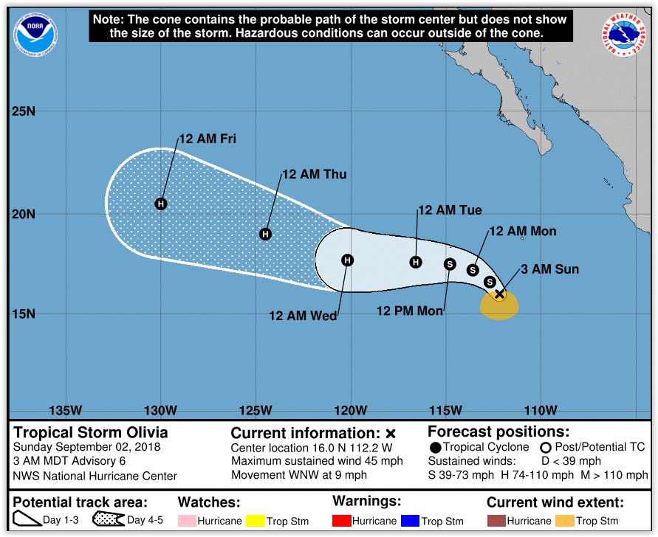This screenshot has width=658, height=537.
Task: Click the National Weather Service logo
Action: point(625,35)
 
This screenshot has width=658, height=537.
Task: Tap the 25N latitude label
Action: point(23,112)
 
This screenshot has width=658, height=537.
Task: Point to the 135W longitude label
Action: point(65,411)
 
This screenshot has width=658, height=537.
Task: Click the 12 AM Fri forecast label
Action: point(207,139)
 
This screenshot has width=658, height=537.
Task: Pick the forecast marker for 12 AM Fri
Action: point(161,204)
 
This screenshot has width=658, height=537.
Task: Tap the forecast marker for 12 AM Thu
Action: point(266,235)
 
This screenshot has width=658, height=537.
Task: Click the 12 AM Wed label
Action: point(302,316)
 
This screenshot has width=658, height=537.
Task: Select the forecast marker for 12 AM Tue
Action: point(416,262)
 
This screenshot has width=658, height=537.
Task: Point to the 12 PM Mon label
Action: point(410,311)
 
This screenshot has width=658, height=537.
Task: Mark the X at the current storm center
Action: point(499,294)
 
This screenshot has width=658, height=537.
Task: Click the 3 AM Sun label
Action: point(549,270)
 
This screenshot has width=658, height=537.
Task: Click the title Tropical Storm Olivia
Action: point(91,433)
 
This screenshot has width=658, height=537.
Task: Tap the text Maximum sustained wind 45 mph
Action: point(317,462)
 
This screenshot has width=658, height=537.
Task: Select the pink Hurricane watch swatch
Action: point(187,522)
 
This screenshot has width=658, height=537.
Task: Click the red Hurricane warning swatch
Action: point(341,522)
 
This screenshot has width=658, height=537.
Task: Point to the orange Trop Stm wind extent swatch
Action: point(565,522)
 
